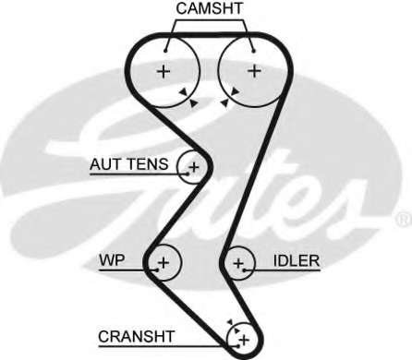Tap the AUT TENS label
[x=128, y=165]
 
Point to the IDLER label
[x=297, y=261]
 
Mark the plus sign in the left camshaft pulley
[x=164, y=71]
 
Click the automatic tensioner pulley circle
[x=192, y=167]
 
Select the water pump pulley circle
[x=164, y=263]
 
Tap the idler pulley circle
[x=238, y=264]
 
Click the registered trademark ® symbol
[x=403, y=219]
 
